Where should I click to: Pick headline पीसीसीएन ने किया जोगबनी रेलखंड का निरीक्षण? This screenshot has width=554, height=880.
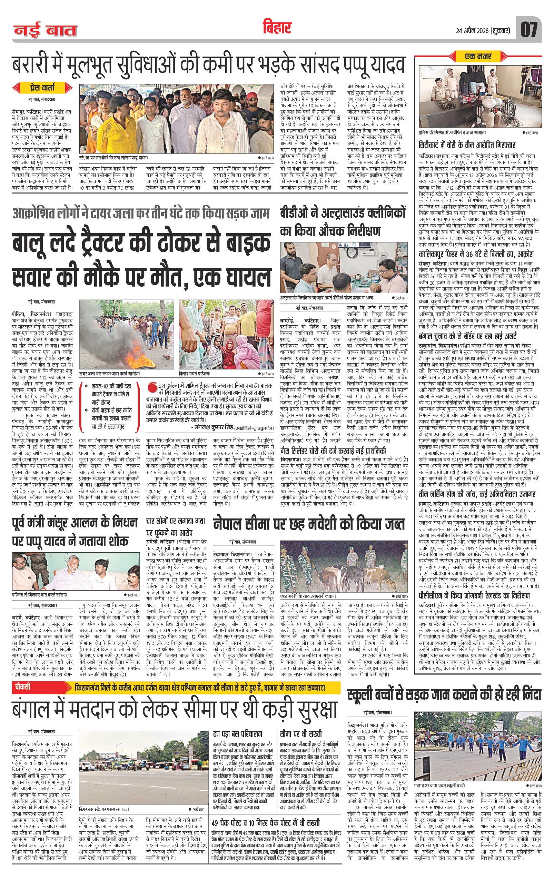pos(477,595)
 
